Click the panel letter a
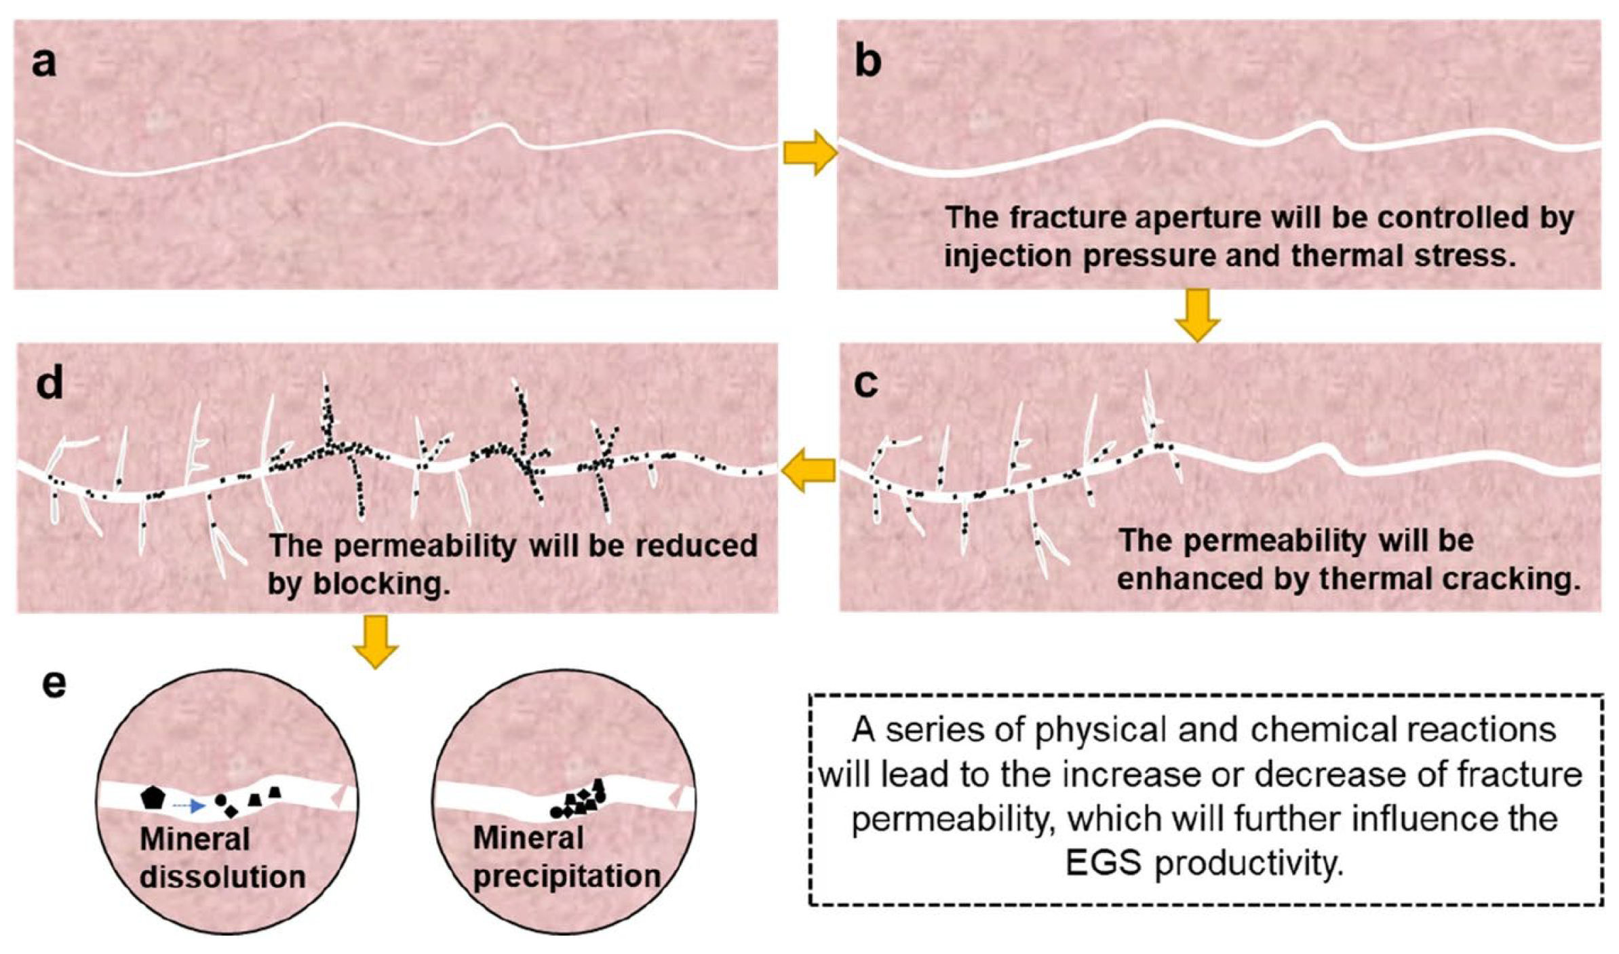(x=44, y=64)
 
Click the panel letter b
(x=867, y=62)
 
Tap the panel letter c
(x=866, y=383)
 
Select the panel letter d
(x=49, y=383)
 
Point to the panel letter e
(x=54, y=684)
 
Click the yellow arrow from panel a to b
(x=809, y=153)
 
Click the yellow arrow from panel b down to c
(x=1198, y=315)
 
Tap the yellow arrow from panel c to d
(x=808, y=470)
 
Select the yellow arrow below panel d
(x=375, y=641)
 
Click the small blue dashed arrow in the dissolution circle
(x=189, y=806)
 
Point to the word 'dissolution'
(x=222, y=877)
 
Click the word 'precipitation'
(x=566, y=876)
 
